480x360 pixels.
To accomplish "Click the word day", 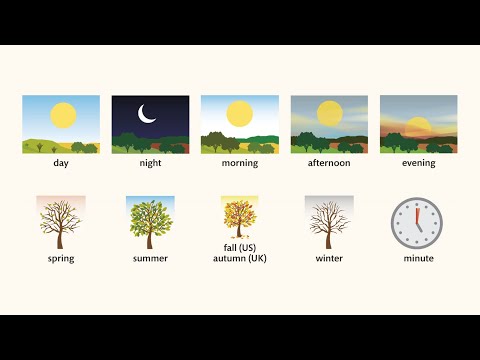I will [x=61, y=163].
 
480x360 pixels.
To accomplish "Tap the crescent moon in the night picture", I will [x=148, y=116].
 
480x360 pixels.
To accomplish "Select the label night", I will [x=150, y=163].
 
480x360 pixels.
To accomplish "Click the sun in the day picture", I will [x=64, y=115].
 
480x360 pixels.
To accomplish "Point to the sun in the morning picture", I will [x=240, y=114].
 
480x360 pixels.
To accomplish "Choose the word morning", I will [x=240, y=163].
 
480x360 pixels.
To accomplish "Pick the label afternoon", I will [x=329, y=163].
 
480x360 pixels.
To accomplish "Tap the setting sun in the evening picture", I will [x=419, y=125].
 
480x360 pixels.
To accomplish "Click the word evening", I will [x=419, y=163].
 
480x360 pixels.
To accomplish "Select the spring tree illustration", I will [x=60, y=221].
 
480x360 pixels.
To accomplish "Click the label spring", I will [x=60, y=259].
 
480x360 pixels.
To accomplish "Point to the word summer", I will [x=150, y=259].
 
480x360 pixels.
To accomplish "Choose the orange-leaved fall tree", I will [x=239, y=218].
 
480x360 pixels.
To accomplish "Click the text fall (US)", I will [x=240, y=248].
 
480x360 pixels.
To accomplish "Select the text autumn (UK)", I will [x=240, y=259].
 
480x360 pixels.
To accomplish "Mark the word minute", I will [x=416, y=259].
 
